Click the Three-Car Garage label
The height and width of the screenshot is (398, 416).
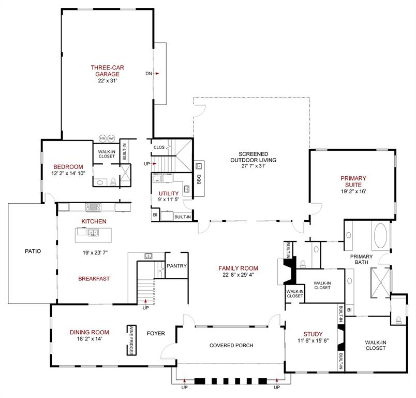[x=107, y=70]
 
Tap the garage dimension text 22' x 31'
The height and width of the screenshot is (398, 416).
[x=107, y=80]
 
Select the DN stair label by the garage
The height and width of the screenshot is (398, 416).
[x=148, y=74]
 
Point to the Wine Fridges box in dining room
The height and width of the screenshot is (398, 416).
[x=132, y=340]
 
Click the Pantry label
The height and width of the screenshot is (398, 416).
[x=176, y=266]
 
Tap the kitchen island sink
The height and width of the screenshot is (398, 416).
[x=94, y=233]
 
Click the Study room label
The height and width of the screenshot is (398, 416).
[x=313, y=334]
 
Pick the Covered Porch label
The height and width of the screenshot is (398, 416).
[x=231, y=346]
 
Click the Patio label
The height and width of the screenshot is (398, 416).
[x=33, y=251]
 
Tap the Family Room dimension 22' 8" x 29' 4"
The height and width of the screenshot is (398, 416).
[x=238, y=275]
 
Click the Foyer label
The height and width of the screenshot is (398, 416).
[x=156, y=334]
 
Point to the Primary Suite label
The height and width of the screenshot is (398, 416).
[x=353, y=181]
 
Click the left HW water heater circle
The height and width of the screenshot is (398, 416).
[x=102, y=139]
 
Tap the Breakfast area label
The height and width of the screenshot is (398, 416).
[x=94, y=279]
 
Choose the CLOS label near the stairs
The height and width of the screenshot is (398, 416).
[x=159, y=147]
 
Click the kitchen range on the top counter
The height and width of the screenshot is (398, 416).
[x=93, y=207]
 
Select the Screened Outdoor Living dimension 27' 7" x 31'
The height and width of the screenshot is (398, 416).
[x=253, y=166]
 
